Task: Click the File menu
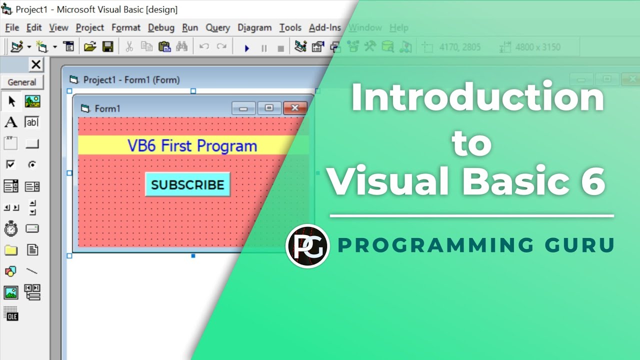click(12, 27)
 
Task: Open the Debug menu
click(161, 27)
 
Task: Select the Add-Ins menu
click(325, 27)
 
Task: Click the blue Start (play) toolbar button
click(246, 48)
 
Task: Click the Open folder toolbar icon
click(89, 47)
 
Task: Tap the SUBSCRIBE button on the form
click(187, 184)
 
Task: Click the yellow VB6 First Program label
click(192, 145)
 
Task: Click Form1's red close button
click(295, 108)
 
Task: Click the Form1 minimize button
click(243, 108)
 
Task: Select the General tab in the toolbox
click(22, 82)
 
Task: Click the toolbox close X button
click(36, 64)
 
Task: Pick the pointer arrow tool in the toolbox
click(11, 101)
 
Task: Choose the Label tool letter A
click(10, 122)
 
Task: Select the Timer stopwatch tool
click(10, 229)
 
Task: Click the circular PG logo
click(307, 246)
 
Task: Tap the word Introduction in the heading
click(477, 97)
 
